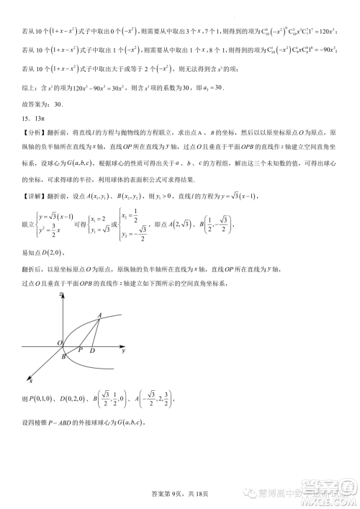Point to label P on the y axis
[81, 349]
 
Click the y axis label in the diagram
[124, 350]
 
